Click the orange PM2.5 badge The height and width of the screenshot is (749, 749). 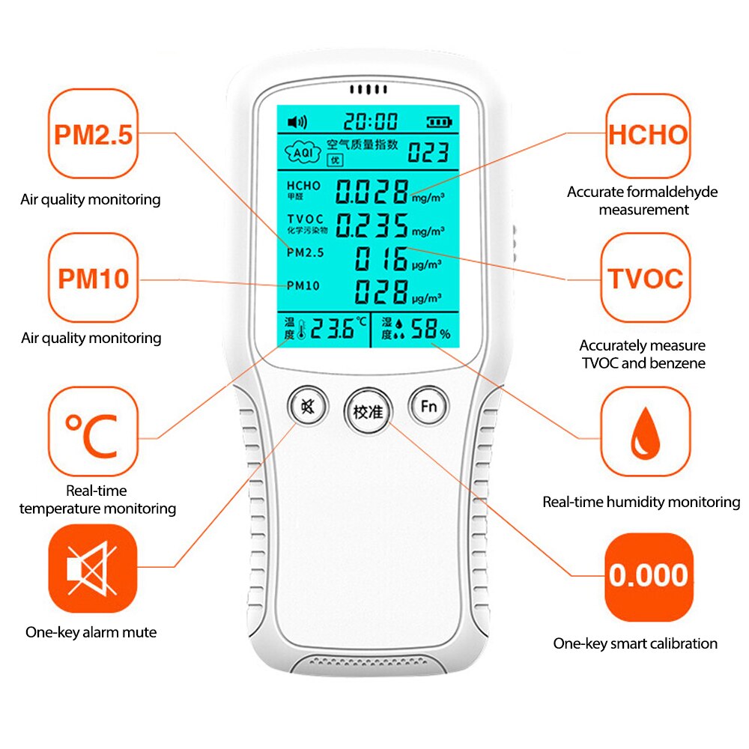[x=93, y=136]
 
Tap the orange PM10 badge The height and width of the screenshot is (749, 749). [x=93, y=278]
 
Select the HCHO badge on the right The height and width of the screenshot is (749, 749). [x=647, y=135]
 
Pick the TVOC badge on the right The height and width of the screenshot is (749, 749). [x=646, y=278]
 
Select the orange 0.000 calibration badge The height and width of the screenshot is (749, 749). [x=648, y=576]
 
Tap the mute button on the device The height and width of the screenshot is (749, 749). [x=306, y=407]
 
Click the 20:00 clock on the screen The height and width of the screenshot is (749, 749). [x=371, y=121]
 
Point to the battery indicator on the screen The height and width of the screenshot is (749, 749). [x=440, y=121]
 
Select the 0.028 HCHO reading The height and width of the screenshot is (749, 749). [x=372, y=192]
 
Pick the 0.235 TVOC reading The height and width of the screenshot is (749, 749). [x=372, y=224]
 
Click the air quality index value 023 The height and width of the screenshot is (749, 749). [x=428, y=154]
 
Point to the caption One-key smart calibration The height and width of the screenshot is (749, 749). [x=635, y=643]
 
